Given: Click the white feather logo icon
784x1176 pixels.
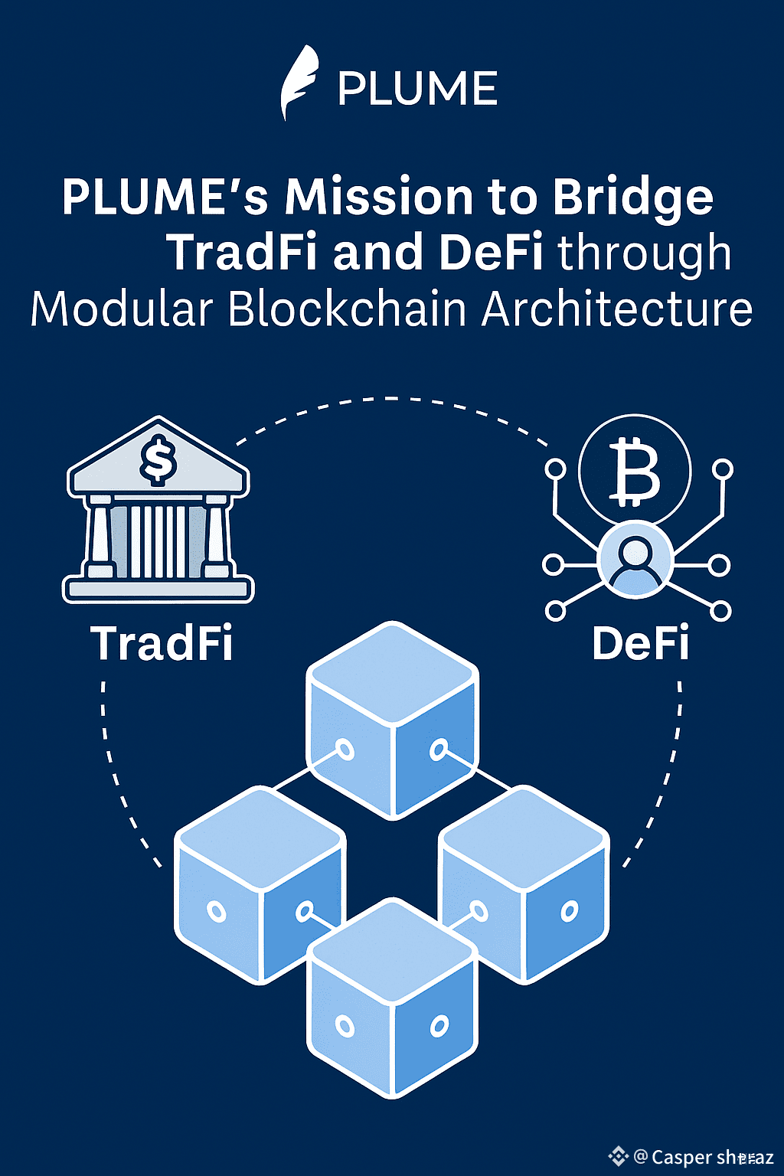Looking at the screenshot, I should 299,83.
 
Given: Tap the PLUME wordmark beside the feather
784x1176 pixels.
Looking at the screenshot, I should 418,89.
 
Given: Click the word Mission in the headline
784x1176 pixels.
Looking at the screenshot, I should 379,197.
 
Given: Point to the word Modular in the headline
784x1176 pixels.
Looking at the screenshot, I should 121,310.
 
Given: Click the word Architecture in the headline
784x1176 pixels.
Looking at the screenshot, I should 617,310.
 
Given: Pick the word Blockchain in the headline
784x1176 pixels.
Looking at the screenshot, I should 348,310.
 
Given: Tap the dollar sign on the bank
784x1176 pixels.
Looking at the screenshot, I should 158,459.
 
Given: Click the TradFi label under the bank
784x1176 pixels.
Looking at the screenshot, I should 162,643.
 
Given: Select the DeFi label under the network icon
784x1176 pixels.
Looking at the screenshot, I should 640,643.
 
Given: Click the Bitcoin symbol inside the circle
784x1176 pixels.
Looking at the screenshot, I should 635,473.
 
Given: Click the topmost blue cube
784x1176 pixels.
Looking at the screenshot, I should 393,720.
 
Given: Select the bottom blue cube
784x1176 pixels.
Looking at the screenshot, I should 393,999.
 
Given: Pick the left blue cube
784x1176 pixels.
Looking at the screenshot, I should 260,884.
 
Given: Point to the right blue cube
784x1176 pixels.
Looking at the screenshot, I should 524,884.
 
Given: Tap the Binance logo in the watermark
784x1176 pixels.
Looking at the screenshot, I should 618,1156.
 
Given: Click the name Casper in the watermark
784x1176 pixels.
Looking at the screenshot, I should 682,1157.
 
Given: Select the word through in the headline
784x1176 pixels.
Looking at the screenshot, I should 644,254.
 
